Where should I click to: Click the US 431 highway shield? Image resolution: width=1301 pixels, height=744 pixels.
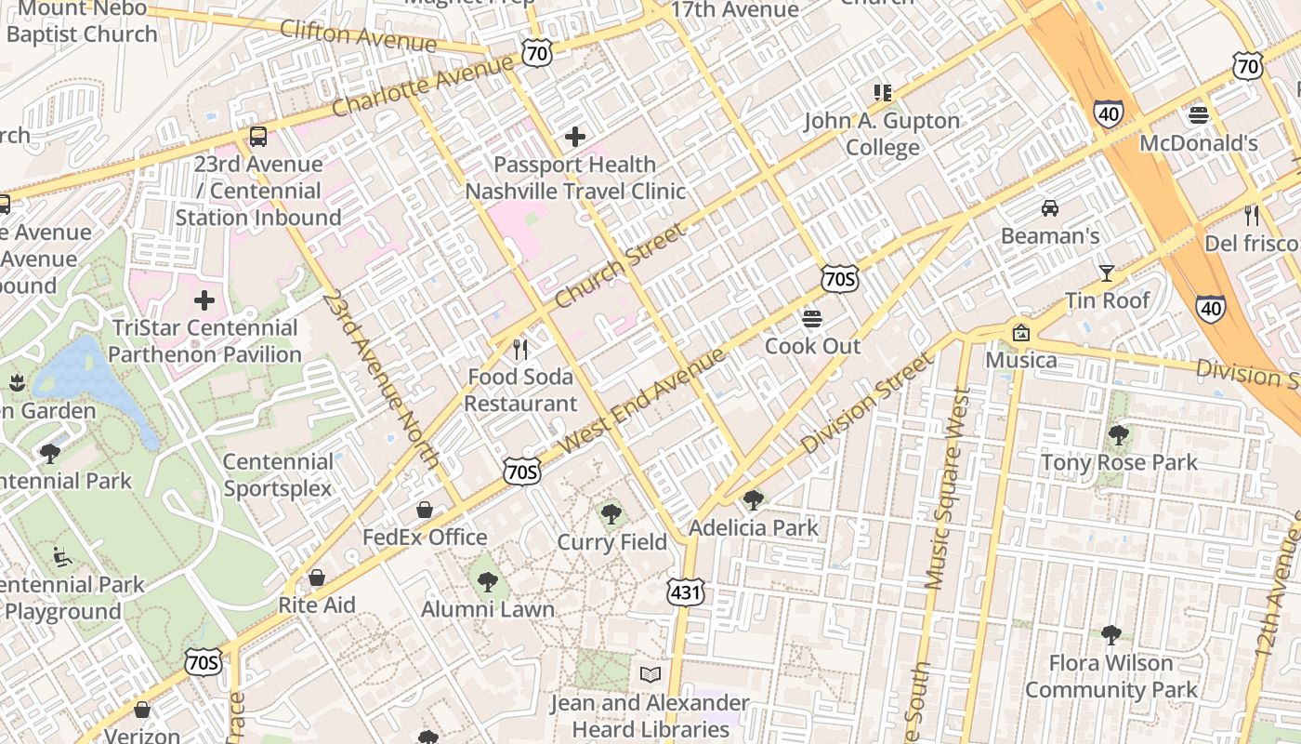click(685, 591)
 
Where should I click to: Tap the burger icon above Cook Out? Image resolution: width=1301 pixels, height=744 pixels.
click(812, 319)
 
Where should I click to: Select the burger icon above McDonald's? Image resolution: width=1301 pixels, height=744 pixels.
click(1198, 115)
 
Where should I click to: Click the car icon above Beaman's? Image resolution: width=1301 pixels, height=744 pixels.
click(1050, 208)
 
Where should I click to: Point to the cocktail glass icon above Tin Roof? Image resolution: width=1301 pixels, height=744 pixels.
click(1106, 272)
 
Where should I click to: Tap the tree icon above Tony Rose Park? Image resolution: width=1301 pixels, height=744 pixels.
click(1119, 434)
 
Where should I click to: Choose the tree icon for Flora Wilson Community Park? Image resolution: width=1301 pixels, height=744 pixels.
click(1110, 635)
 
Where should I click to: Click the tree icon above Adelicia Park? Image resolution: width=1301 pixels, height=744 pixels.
click(754, 500)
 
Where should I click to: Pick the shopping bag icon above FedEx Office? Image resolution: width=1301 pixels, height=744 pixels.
click(425, 510)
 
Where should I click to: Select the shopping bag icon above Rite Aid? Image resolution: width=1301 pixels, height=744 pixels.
click(317, 578)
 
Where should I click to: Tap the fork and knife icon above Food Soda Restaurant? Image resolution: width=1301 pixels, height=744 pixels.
click(520, 350)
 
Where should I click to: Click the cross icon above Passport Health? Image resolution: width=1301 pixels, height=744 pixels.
click(575, 137)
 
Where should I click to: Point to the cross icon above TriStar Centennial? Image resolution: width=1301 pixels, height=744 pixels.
click(204, 300)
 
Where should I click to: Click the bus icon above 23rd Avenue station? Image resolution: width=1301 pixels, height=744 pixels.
click(258, 137)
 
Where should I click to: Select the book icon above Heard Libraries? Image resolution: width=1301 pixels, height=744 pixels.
click(650, 674)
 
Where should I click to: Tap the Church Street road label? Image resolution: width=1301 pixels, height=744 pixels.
click(620, 267)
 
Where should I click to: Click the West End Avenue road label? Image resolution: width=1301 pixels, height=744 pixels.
click(644, 401)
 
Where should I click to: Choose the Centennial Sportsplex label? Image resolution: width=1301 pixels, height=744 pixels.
click(277, 475)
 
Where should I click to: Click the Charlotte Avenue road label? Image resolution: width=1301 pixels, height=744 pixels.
click(423, 85)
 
